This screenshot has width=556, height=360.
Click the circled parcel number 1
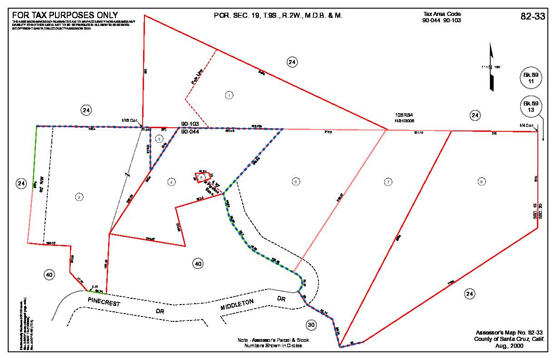click(x=229, y=95)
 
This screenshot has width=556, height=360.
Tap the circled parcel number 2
click(x=79, y=197)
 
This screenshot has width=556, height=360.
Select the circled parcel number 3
click(x=159, y=138)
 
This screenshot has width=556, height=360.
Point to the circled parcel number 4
click(x=171, y=182)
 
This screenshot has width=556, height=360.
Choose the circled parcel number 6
click(x=296, y=182)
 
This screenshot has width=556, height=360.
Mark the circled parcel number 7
click(x=388, y=182)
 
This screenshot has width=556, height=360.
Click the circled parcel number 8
click(x=481, y=182)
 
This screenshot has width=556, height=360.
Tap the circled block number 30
click(x=311, y=325)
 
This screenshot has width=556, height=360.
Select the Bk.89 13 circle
click(x=531, y=107)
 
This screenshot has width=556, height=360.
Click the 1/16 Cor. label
click(x=129, y=120)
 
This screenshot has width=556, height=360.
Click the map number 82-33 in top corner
click(x=532, y=16)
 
